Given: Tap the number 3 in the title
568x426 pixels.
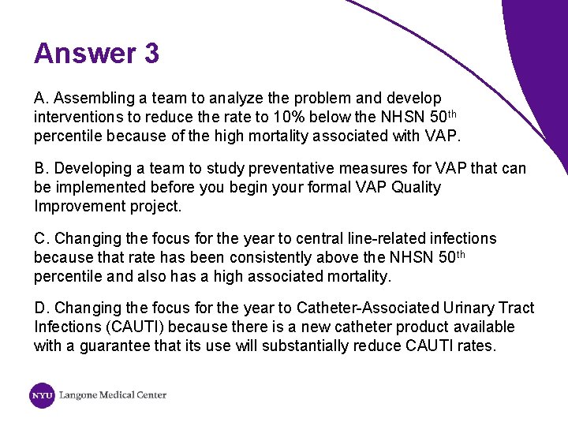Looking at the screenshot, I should [151, 54].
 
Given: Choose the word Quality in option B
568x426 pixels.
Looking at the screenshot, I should [414, 188].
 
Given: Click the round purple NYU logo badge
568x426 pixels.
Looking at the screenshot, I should [43, 395].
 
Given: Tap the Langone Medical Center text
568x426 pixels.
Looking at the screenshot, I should [113, 395].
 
